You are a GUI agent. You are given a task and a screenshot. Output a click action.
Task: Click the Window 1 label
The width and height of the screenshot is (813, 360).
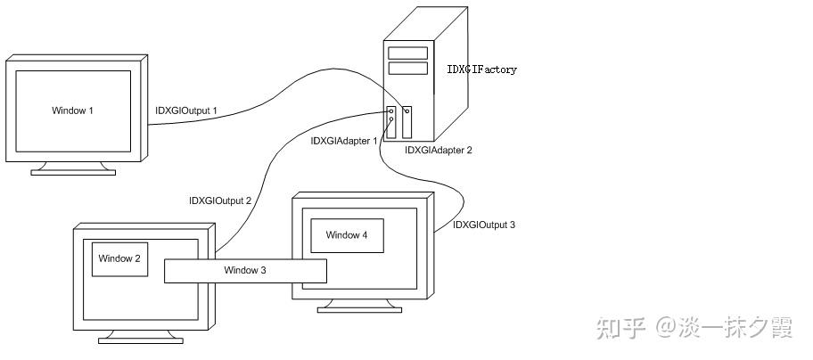tap(72, 110)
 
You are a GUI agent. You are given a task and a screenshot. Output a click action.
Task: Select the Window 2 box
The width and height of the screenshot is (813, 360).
tap(119, 259)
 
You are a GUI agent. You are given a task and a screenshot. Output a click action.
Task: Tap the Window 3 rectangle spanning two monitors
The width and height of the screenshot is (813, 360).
tap(245, 271)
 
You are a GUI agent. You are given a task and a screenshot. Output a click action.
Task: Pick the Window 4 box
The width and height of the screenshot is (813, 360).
tap(347, 235)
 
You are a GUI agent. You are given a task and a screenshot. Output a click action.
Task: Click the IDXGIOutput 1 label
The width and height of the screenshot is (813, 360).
tap(186, 110)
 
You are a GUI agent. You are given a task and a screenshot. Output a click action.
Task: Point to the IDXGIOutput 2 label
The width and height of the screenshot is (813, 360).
tap(220, 200)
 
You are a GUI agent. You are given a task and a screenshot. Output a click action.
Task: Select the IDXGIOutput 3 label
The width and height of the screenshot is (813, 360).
tap(484, 225)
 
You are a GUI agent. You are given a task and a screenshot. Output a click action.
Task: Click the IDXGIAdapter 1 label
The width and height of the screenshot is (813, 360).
tap(344, 141)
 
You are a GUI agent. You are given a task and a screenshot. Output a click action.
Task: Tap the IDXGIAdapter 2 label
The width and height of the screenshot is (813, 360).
tap(439, 151)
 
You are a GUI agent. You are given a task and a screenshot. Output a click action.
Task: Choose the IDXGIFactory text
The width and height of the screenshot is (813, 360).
tap(481, 70)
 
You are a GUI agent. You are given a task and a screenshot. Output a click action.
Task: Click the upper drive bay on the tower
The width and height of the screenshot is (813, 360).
tap(408, 53)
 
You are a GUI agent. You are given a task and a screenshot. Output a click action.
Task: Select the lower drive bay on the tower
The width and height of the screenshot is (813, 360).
tap(408, 69)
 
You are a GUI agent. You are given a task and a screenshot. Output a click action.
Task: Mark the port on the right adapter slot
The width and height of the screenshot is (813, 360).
tap(407, 111)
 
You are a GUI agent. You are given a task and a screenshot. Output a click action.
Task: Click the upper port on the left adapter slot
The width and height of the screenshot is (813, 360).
tap(391, 110)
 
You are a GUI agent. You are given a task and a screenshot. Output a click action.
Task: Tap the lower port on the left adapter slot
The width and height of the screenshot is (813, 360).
tap(391, 119)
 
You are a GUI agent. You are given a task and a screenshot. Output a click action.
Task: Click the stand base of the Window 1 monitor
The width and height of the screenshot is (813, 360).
tap(73, 172)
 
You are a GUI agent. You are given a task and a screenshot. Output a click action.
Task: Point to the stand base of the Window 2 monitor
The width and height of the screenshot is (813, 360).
tap(141, 340)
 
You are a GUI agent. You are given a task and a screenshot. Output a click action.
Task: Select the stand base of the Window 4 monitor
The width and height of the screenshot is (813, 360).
tap(359, 310)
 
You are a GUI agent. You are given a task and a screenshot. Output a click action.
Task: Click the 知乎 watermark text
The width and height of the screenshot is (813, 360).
tap(620, 328)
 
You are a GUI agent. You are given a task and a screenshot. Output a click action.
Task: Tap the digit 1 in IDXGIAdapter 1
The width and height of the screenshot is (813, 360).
tap(375, 141)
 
